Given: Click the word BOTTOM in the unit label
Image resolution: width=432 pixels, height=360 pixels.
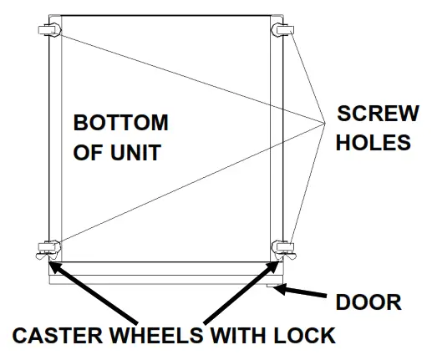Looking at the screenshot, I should pyautogui.click(x=120, y=124).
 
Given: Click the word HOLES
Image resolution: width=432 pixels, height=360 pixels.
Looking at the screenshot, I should pyautogui.click(x=374, y=143).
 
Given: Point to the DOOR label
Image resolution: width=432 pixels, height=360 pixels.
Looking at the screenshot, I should pyautogui.click(x=368, y=301).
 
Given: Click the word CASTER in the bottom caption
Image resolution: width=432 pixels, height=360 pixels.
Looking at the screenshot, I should pyautogui.click(x=57, y=336).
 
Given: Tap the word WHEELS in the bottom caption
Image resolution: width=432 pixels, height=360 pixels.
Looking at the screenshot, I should pyautogui.click(x=159, y=336).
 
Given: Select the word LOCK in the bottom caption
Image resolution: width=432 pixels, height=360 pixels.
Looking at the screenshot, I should pyautogui.click(x=302, y=336).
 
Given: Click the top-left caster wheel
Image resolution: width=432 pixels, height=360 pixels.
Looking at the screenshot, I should pyautogui.click(x=48, y=32).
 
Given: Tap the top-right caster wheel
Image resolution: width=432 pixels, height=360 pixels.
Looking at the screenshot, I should pyautogui.click(x=282, y=31).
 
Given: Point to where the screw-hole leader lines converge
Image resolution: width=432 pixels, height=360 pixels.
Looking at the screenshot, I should pyautogui.click(x=324, y=126).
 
